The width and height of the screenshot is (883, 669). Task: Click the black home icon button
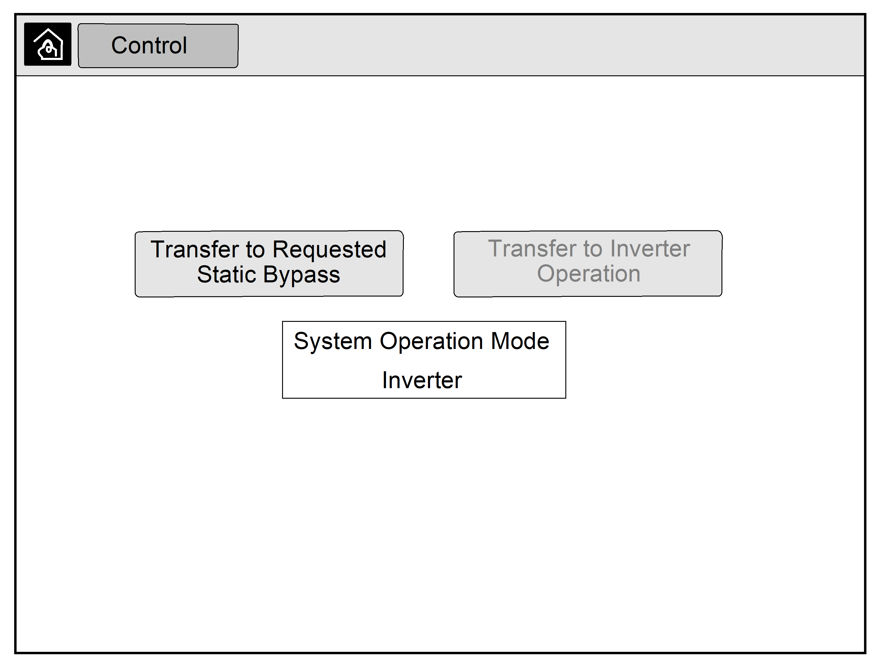pos(48,44)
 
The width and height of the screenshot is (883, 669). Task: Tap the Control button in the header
pos(158,46)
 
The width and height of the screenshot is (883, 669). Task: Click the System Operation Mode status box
pos(424,360)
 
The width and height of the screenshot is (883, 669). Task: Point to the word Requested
pos(329,250)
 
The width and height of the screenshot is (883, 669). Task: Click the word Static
pos(226,275)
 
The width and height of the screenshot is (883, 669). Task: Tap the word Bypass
pos(301,275)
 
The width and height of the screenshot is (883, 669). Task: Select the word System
pos(333,342)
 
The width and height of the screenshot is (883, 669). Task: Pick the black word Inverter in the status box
pos(422,380)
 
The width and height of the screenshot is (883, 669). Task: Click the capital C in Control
pos(120,45)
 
